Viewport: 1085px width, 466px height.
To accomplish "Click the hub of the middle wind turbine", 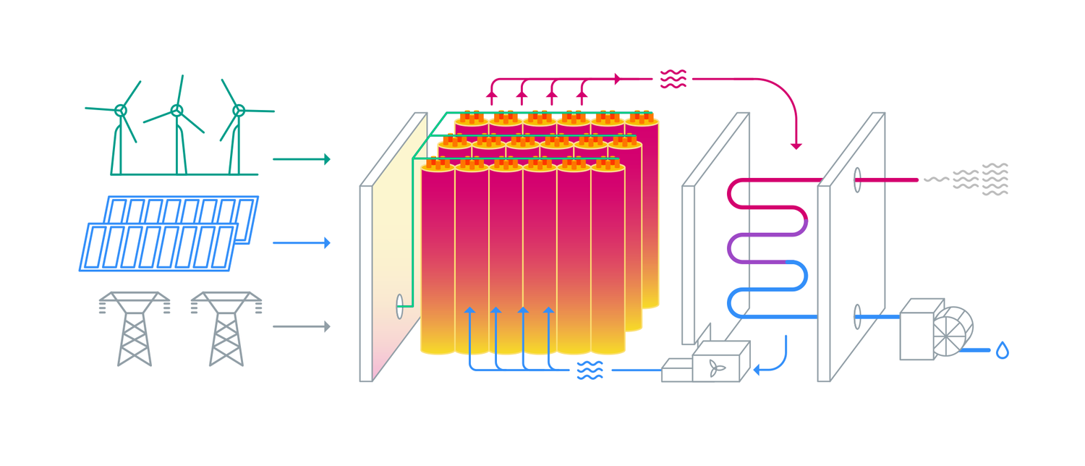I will [x=176, y=111].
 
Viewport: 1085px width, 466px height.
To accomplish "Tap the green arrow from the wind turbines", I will [x=301, y=159].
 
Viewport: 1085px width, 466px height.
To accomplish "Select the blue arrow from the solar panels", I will [x=301, y=243].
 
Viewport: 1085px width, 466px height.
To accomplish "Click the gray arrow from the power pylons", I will [x=301, y=327].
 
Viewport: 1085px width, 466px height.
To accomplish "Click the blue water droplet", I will [x=1002, y=351].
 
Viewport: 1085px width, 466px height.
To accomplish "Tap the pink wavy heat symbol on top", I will [x=673, y=79].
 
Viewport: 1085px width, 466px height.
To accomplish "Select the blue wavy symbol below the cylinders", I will [x=590, y=370].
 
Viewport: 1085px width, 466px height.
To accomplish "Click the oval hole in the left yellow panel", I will [x=400, y=306].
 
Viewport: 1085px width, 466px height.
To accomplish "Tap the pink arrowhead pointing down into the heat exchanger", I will [x=796, y=145].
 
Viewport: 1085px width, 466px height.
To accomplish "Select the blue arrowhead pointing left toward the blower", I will [x=758, y=370].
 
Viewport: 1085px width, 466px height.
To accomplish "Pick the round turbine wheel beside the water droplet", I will [x=952, y=332].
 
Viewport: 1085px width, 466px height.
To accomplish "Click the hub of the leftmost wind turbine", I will [x=121, y=111].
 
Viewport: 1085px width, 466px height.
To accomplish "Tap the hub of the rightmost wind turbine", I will [x=239, y=111].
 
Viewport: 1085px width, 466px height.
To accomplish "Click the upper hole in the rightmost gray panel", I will [x=857, y=179].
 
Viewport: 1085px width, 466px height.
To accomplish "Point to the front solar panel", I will [x=159, y=247].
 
